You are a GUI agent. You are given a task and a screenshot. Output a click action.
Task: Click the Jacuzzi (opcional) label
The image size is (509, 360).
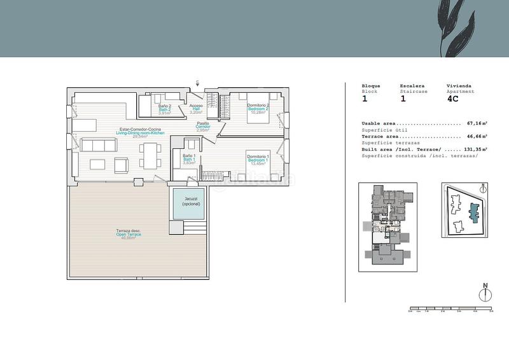point(188,201)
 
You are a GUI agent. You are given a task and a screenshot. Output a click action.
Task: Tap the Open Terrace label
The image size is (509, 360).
point(129,233)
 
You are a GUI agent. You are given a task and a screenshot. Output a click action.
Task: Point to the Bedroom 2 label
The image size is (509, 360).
point(258,107)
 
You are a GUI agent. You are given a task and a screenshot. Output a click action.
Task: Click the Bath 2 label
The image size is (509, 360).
point(165,109)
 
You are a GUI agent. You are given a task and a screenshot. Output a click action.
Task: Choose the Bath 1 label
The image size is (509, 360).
point(189,158)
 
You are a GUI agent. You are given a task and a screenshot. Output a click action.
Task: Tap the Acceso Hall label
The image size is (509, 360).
point(196,108)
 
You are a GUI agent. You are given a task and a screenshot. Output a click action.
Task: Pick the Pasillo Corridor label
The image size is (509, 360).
point(203,126)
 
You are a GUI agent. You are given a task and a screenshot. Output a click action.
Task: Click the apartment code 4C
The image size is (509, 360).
point(452,99)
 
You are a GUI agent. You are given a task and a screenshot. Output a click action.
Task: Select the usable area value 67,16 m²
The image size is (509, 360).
point(477,123)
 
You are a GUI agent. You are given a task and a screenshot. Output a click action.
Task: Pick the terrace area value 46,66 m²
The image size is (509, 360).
point(477,136)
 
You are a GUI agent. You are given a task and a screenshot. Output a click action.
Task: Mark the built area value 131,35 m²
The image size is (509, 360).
point(475,149)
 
